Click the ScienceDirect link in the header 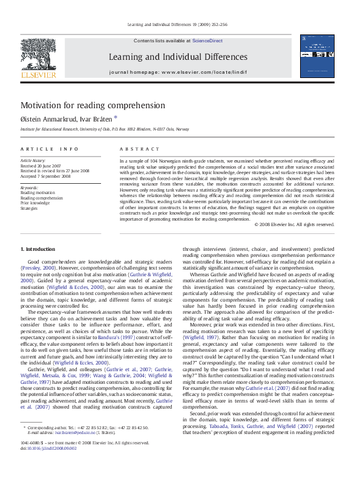point(208,41)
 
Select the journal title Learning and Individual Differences point(178,57)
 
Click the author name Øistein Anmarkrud point(47,119)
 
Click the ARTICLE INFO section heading point(50,149)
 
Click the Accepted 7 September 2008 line point(47,176)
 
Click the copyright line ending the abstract point(294,224)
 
